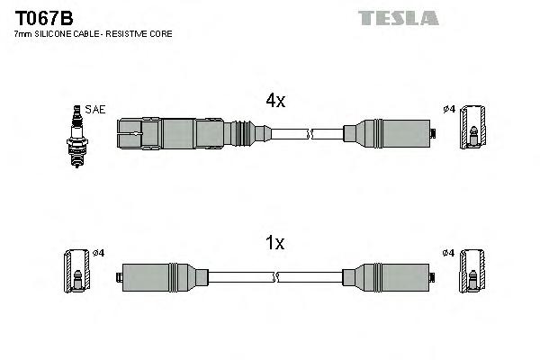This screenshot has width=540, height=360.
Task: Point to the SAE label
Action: pos(96,109)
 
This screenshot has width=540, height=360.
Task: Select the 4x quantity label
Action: pos(274,102)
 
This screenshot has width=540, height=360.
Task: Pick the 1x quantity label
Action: pos(274,242)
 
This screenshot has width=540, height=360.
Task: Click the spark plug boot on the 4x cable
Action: pos(180,135)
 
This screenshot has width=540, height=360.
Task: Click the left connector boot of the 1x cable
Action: pos(158,276)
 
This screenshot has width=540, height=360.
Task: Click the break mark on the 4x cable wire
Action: pos(310,135)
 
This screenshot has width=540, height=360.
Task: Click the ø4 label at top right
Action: pos(448,110)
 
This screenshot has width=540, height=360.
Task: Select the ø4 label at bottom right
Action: pos(448,252)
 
